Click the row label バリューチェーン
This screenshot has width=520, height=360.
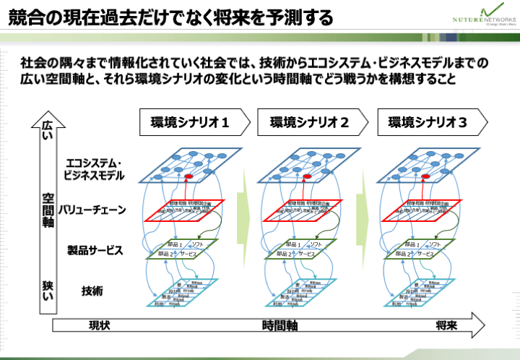[x=93, y=210]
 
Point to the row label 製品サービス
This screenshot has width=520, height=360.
[x=95, y=251]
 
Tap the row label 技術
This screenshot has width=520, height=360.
[x=92, y=291]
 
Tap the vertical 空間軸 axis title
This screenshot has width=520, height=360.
[x=48, y=210]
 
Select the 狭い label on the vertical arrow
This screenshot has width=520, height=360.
[x=48, y=287]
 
